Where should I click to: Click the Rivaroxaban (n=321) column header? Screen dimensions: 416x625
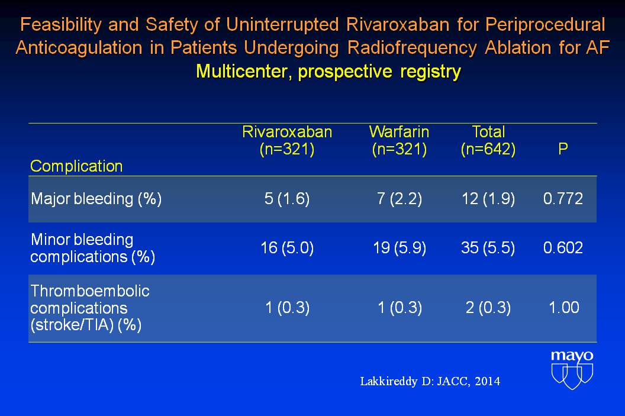(287, 141)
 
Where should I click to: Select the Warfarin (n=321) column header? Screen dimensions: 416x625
(399, 141)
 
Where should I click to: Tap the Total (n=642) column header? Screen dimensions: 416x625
(488, 141)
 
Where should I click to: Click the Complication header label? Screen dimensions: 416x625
(76, 166)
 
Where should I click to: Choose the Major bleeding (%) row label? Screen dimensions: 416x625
(96, 199)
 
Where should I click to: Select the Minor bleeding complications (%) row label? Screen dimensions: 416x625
(92, 248)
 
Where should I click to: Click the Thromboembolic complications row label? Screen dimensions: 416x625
(90, 308)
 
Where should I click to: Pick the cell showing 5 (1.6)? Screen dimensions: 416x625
(287, 199)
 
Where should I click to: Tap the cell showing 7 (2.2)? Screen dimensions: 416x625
(399, 199)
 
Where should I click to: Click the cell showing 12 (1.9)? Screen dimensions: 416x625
(488, 199)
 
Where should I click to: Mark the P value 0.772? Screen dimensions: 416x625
(563, 199)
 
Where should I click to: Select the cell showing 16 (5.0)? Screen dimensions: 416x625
(287, 248)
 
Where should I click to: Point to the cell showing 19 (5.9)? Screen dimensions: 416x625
(399, 248)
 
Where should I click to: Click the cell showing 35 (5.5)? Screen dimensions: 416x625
(488, 248)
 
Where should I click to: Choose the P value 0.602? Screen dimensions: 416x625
(563, 248)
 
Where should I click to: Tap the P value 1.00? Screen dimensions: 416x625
(563, 308)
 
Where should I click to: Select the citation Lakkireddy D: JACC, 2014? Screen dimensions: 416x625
(430, 382)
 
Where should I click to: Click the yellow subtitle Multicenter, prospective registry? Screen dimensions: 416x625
(328, 72)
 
